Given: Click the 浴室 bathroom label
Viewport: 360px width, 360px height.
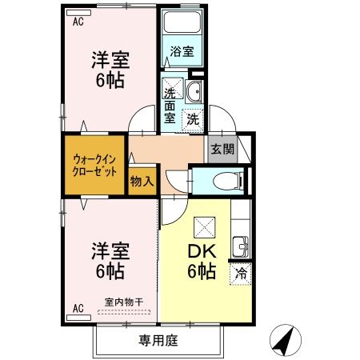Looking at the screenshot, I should pos(182,52).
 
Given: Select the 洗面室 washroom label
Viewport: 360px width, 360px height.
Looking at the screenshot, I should pos(170,102).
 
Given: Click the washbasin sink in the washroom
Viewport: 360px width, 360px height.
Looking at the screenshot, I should pos(196,90).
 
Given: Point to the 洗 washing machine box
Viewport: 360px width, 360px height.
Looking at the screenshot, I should pos(194,119).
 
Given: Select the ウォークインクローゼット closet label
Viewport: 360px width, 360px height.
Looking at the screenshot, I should pos(95,165).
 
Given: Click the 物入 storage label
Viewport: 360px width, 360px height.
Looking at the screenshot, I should pos(142,181).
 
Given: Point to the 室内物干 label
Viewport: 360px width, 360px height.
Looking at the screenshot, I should pos(124,302).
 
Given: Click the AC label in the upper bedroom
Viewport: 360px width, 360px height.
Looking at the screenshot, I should pos(78,22).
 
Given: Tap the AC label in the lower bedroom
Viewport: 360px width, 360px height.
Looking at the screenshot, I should pos(78,306).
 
